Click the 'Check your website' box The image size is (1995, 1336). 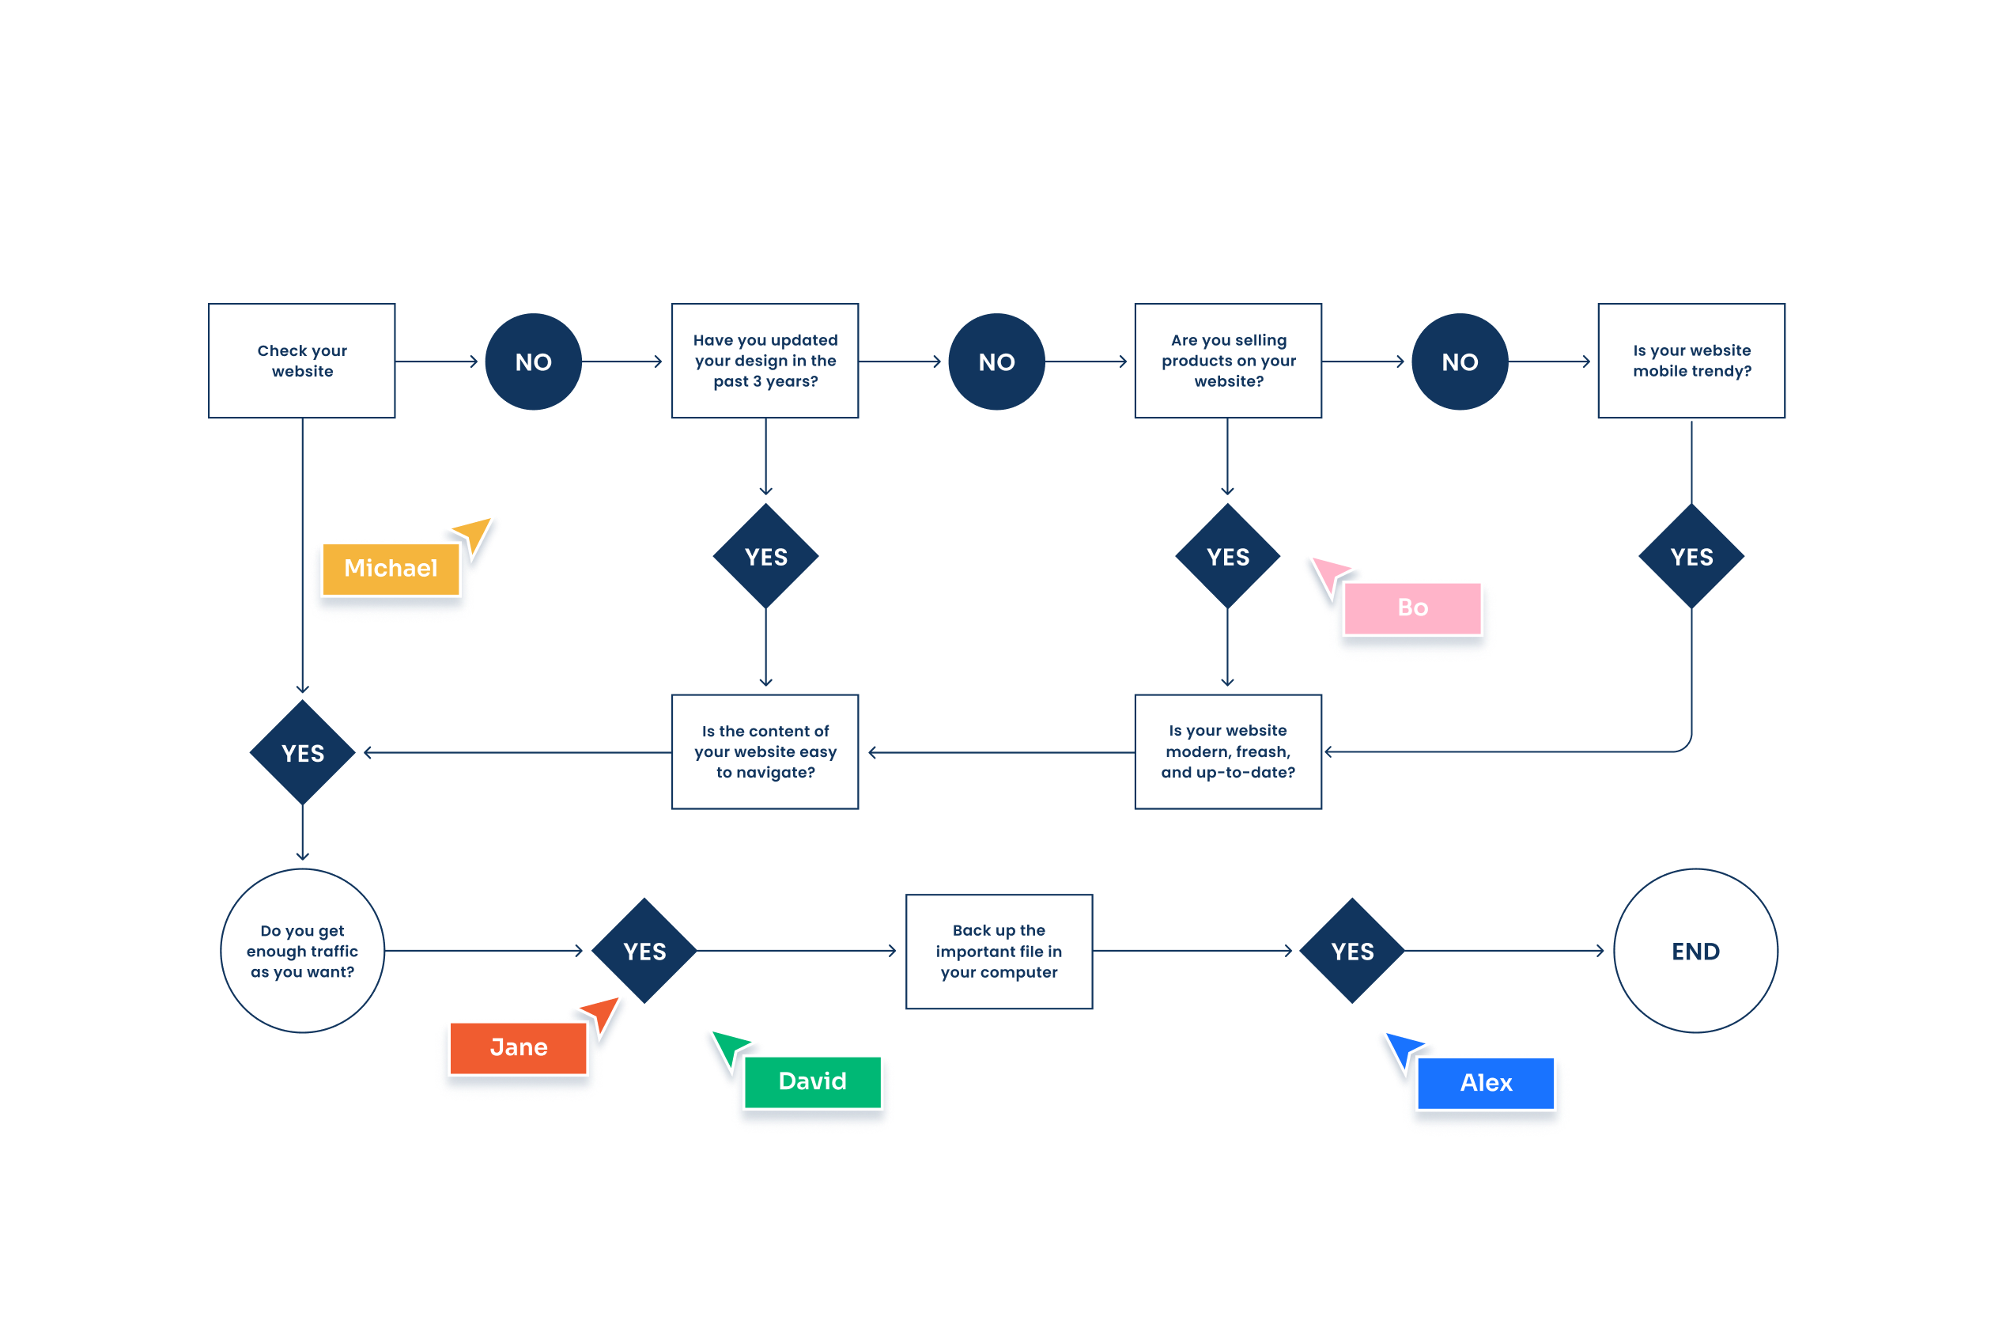click(301, 361)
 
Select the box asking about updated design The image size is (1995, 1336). click(765, 361)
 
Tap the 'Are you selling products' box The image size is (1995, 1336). click(1227, 361)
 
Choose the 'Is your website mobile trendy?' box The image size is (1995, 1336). click(1691, 361)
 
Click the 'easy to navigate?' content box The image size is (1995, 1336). click(765, 751)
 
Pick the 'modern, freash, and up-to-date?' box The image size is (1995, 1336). click(1227, 751)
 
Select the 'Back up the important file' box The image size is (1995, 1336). click(999, 951)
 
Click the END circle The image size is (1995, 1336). click(1695, 951)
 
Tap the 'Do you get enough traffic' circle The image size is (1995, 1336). click(302, 951)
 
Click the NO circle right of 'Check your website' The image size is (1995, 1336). click(533, 362)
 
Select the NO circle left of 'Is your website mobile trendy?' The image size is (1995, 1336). click(1459, 362)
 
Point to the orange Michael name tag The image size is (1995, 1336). click(391, 568)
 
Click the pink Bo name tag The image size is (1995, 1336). click(1412, 607)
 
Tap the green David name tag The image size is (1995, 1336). click(812, 1081)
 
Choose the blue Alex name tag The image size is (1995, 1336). click(1486, 1083)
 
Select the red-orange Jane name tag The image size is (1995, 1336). click(518, 1047)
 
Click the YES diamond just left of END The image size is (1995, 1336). click(1352, 951)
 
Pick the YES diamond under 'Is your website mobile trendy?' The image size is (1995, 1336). click(1691, 556)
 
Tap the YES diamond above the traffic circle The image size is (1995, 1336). click(302, 753)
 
